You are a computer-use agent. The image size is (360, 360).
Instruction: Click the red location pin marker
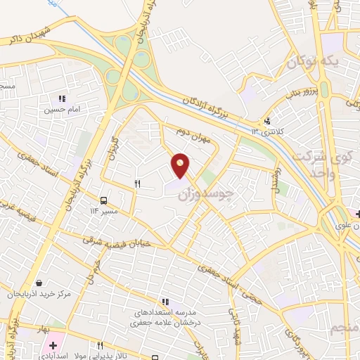coord(181,165)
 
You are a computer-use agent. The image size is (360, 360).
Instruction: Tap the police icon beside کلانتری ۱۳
coord(267,122)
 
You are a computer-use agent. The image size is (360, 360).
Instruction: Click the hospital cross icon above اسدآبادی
coord(53,345)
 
